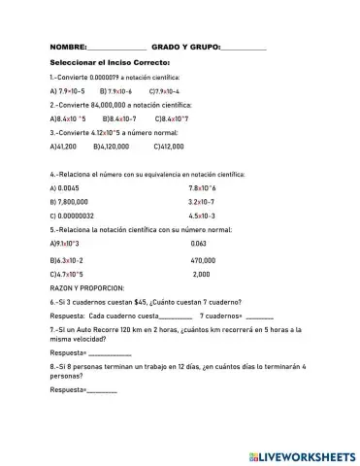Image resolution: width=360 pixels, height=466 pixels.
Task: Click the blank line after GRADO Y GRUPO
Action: click(244, 49)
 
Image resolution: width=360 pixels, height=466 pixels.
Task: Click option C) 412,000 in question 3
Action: click(169, 146)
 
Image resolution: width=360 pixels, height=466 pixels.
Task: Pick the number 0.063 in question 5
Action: click(198, 243)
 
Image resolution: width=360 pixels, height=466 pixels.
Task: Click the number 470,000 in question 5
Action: click(203, 260)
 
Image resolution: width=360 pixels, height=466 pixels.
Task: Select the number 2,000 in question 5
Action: click(201, 275)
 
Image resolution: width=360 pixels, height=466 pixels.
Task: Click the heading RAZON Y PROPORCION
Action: click(86, 288)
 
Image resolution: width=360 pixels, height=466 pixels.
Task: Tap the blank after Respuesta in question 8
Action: click(102, 391)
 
